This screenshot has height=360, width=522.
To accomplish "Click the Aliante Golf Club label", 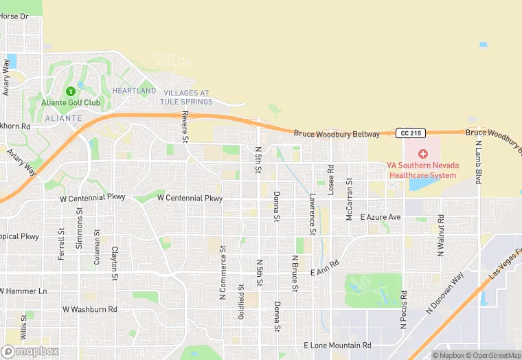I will click(71, 103).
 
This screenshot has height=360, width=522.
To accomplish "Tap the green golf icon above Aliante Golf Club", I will click(70, 91).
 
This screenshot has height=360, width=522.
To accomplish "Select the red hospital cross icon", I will click(422, 153).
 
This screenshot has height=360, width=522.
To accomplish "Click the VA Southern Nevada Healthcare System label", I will click(422, 170).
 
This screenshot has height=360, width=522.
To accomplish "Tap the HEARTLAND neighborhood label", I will click(134, 91).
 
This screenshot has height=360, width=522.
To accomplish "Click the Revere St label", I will click(185, 128).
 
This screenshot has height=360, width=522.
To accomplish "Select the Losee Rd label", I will click(330, 179).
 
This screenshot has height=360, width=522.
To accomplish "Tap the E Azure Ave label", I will click(380, 216).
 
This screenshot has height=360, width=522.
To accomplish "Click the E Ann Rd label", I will click(325, 268).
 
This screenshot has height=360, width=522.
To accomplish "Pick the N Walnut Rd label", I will click(440, 236).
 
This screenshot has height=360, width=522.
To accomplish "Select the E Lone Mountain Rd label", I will click(337, 345).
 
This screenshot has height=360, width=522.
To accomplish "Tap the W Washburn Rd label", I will click(89, 309).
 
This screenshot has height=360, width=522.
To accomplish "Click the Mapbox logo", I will click(30, 351).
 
